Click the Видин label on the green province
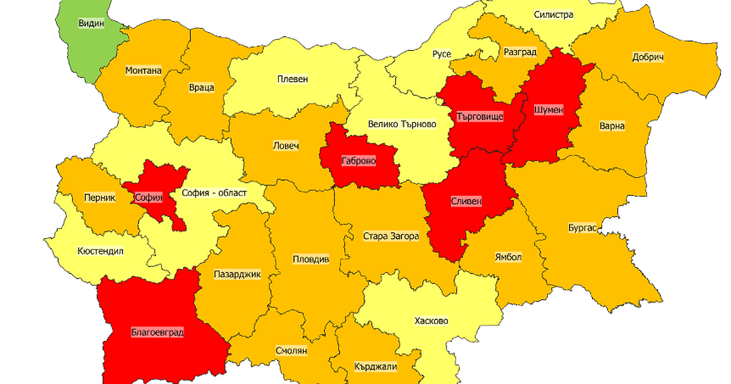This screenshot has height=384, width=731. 91,24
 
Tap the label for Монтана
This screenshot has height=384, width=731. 143,70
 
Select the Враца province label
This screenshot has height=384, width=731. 202,87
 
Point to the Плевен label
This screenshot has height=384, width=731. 292,79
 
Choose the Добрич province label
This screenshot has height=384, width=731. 648,57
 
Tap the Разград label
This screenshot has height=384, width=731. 520,52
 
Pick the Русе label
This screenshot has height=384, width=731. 442,54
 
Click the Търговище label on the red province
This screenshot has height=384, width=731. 480,116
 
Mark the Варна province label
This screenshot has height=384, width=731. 612,126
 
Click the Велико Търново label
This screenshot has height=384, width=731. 402,124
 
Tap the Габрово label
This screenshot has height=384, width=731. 359,162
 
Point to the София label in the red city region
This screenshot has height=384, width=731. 149,197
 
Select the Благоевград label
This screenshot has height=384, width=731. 157,333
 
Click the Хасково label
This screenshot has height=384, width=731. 431,321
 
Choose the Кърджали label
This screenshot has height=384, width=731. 375,367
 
